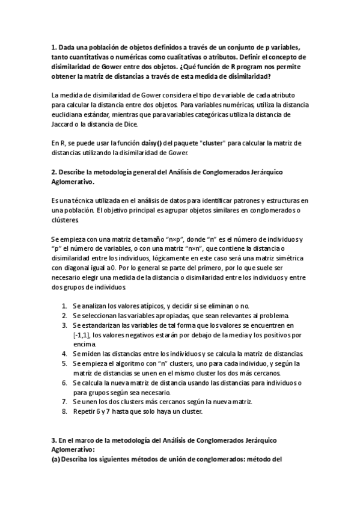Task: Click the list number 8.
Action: [x=64, y=411]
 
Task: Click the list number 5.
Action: [x=64, y=364]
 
